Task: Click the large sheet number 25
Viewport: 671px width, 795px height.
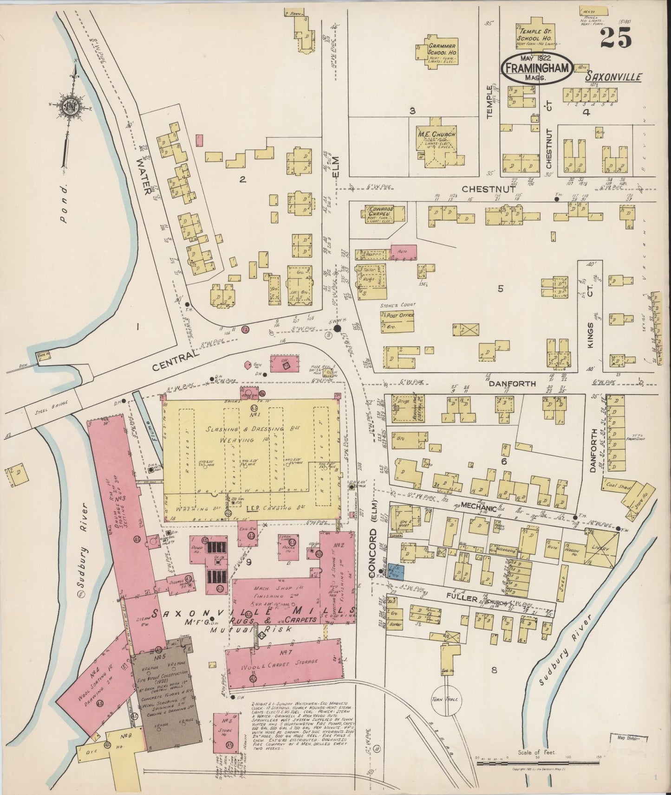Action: click(x=615, y=38)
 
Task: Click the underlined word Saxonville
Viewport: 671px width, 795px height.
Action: click(x=613, y=77)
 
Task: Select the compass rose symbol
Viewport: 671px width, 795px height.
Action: click(x=69, y=106)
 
